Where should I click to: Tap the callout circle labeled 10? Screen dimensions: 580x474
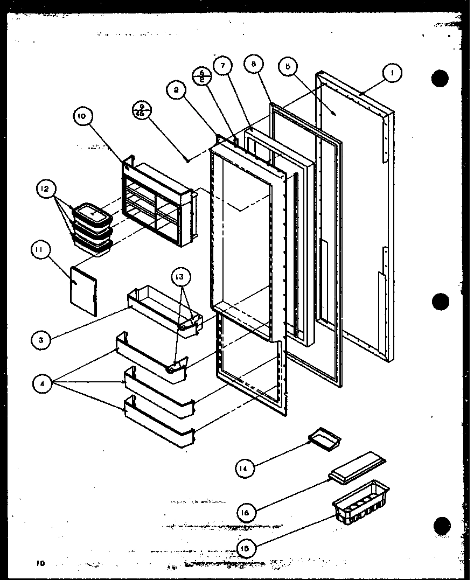[85, 117]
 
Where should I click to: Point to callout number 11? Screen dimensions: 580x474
[41, 250]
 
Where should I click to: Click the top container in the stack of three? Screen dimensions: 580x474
[92, 214]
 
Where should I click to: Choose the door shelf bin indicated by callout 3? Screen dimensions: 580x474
[162, 311]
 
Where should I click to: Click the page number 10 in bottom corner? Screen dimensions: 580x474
[40, 564]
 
